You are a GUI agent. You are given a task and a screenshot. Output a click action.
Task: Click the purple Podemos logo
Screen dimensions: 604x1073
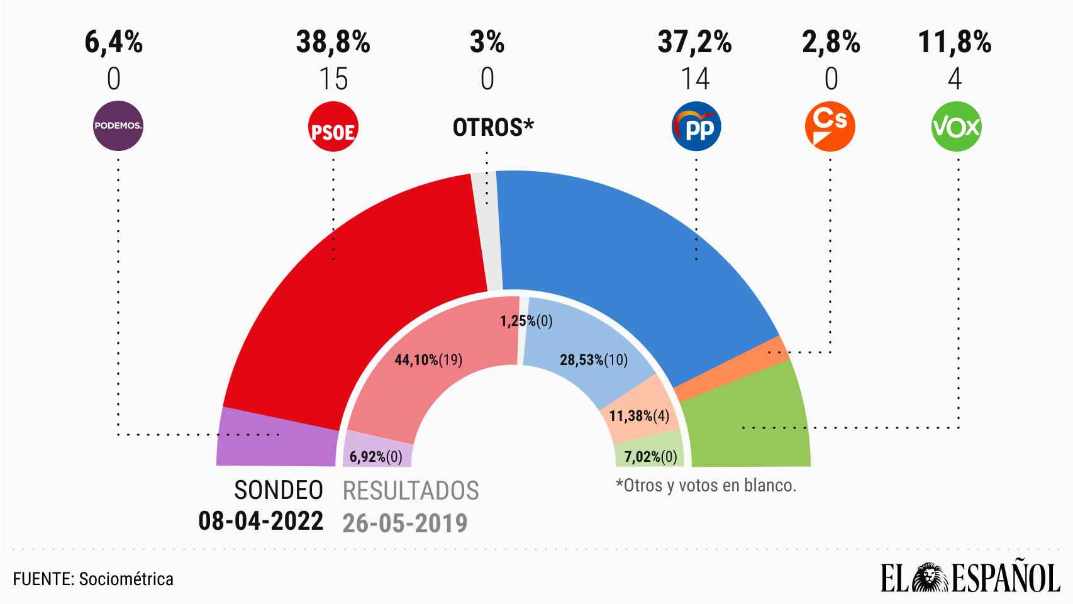tap(118, 126)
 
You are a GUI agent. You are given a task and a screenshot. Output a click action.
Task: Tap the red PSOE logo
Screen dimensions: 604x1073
tap(333, 127)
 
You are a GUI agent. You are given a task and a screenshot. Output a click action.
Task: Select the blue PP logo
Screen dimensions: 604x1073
tap(696, 127)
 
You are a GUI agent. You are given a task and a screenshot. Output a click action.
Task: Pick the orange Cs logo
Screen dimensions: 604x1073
tap(830, 127)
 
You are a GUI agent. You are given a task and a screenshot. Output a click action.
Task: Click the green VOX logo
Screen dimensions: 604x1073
tap(956, 127)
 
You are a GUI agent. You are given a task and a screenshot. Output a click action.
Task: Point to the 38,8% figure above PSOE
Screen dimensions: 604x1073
tap(333, 43)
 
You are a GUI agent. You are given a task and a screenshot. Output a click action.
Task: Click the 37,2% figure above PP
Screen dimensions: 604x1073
tap(695, 43)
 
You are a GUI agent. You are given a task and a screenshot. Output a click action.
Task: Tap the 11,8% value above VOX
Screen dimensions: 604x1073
tap(955, 43)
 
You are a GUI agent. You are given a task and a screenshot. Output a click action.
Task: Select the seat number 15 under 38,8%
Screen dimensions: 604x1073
tap(333, 79)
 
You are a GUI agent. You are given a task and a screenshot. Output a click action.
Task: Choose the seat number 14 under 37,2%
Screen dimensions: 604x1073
tap(695, 79)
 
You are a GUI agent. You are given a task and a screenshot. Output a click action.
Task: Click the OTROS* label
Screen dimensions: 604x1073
tap(493, 128)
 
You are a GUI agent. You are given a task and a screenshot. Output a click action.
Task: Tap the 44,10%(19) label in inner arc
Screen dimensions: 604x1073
tap(428, 360)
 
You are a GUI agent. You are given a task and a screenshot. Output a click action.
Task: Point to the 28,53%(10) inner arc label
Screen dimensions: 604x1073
tap(594, 360)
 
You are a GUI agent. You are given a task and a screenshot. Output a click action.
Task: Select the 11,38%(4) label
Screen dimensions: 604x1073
tap(639, 416)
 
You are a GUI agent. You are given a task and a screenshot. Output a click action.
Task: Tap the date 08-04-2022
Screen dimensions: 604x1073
tap(261, 521)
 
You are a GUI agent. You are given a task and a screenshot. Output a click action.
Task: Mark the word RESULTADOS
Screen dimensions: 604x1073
tap(411, 491)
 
